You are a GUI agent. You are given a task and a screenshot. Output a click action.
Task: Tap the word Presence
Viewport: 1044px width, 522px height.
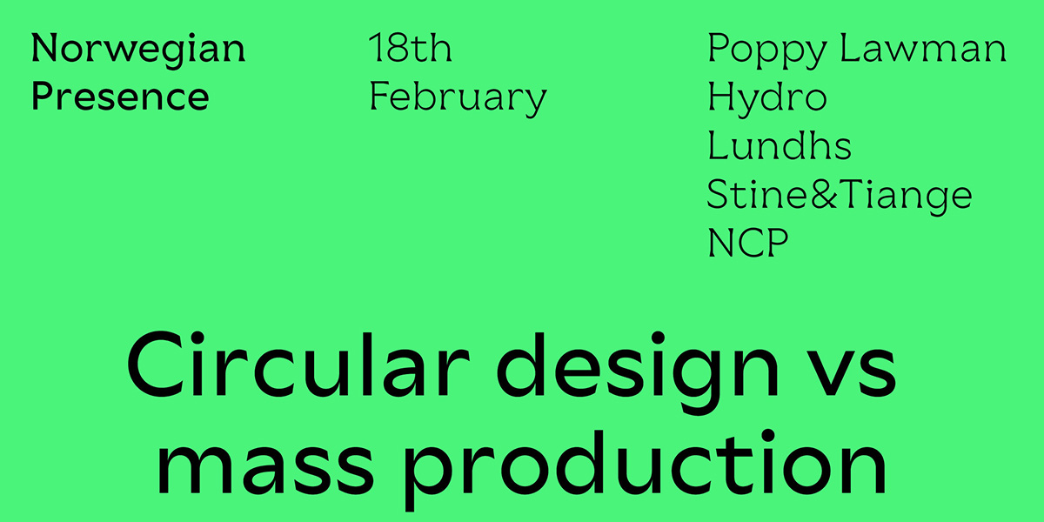coord(120,96)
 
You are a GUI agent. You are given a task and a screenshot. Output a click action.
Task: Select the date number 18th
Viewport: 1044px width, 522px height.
coord(410,47)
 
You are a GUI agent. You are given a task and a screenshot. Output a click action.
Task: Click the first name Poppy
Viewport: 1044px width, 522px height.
coord(767,50)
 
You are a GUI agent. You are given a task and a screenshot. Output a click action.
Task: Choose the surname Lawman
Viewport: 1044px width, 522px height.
coord(923,47)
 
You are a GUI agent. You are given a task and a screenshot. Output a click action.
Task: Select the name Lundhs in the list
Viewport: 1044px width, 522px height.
coord(780,144)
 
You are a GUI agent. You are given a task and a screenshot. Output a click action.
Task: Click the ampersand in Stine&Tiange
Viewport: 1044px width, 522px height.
coord(825,193)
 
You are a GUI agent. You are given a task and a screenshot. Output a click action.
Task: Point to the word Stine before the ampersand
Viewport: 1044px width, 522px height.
coord(759,193)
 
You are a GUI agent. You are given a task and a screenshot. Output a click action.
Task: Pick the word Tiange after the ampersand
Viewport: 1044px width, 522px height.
coord(907,197)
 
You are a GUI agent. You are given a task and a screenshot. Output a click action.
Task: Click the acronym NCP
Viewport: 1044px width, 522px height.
coord(747,242)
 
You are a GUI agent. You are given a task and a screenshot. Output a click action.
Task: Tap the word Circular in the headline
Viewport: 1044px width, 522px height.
coord(298,364)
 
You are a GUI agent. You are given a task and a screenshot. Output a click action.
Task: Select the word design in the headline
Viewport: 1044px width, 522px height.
coord(637,372)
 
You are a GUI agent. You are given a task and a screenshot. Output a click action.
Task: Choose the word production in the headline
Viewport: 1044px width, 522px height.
coord(645,470)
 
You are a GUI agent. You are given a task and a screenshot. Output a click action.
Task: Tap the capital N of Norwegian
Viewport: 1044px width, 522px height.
coord(45,47)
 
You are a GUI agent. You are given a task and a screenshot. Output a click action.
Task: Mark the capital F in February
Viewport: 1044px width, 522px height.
coord(379,96)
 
